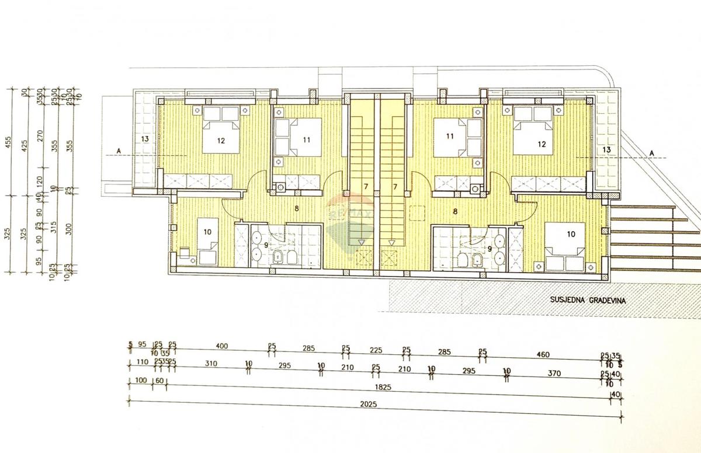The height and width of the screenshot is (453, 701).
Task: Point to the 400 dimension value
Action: coord(221,347)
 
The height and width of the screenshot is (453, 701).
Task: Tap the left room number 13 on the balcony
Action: coord(145,139)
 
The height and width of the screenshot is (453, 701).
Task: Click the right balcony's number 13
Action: coord(606,150)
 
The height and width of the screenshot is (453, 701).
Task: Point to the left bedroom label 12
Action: coord(221,140)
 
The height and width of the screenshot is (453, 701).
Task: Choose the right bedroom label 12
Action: coord(542,144)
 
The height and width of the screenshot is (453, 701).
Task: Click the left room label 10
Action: coord(207,232)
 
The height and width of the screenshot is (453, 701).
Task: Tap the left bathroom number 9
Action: coord(266,245)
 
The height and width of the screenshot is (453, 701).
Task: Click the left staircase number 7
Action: coord(366,186)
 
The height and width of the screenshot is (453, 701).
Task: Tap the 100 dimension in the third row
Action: coord(140,381)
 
